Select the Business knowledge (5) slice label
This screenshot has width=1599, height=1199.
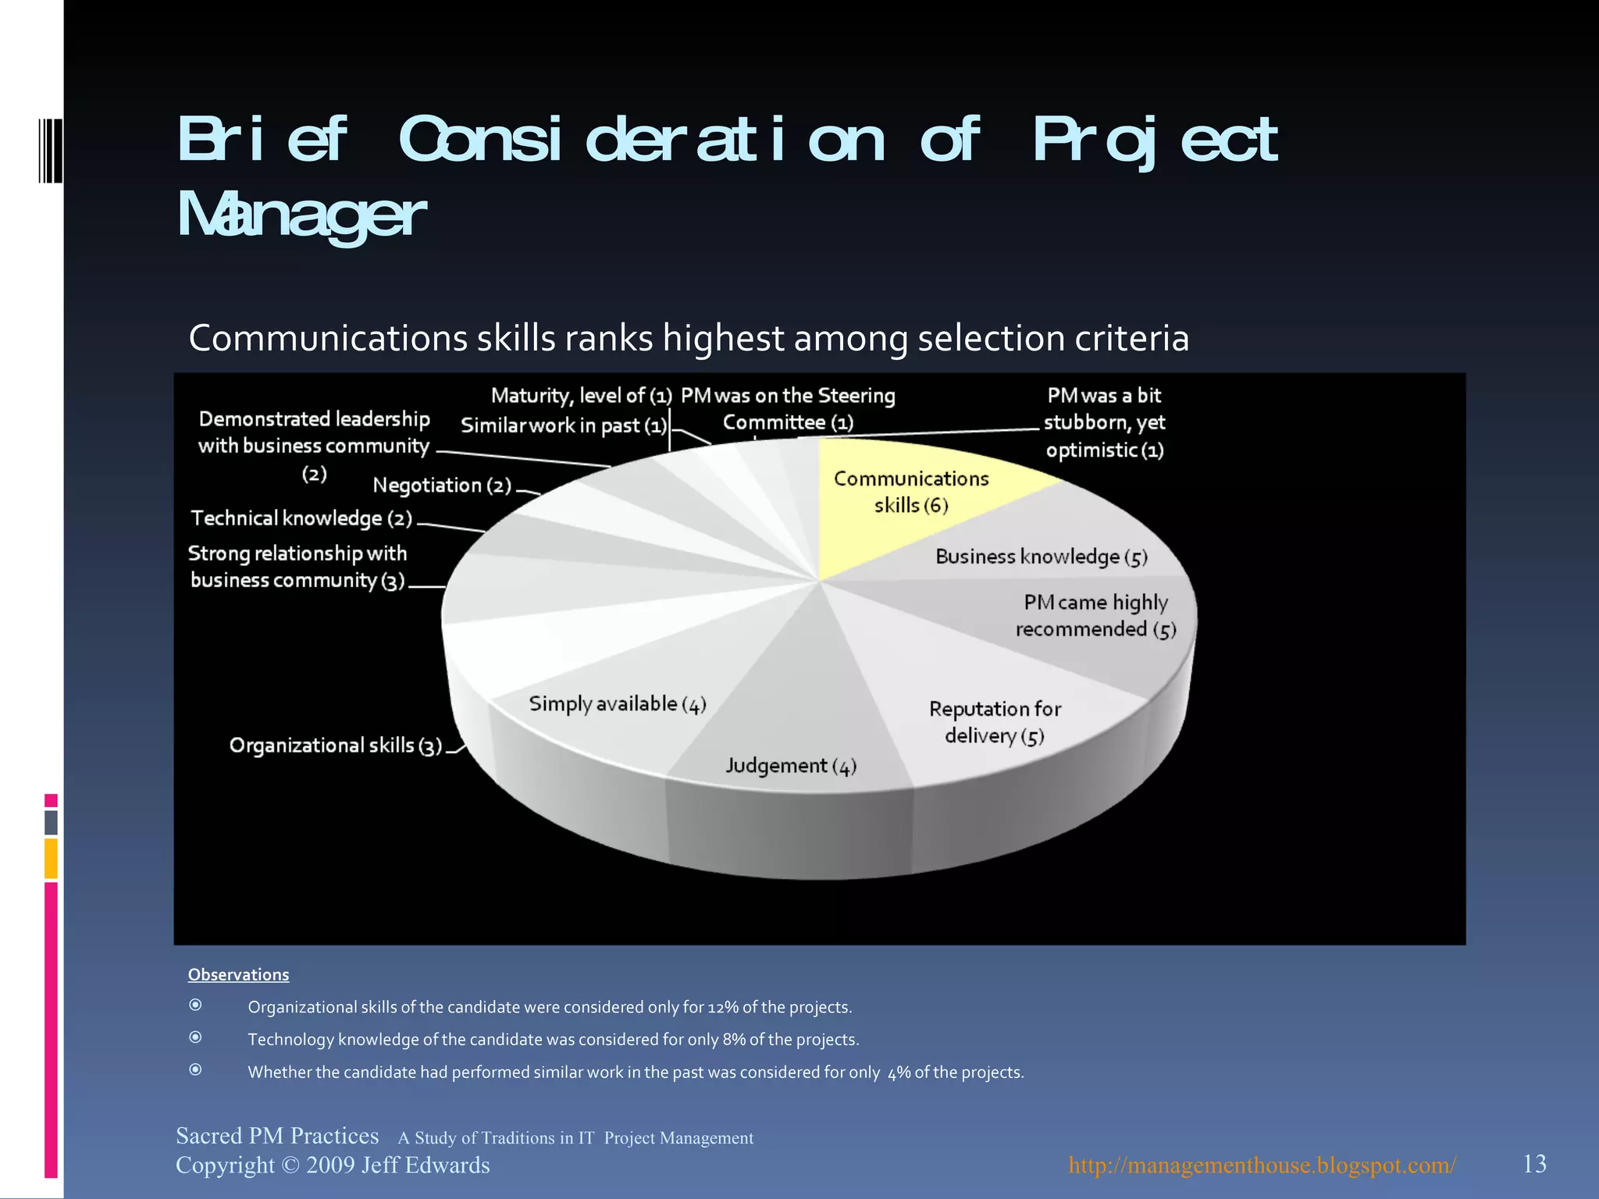pyautogui.click(x=1041, y=557)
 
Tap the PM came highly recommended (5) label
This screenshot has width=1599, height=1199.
pyautogui.click(x=1095, y=615)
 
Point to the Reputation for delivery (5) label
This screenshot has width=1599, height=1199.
pyautogui.click(x=995, y=722)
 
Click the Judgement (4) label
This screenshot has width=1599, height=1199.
pyautogui.click(x=791, y=766)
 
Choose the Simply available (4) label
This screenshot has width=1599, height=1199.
pyautogui.click(x=618, y=704)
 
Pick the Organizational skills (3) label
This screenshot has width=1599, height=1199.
pyautogui.click(x=336, y=745)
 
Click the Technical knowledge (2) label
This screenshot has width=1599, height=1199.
pyautogui.click(x=301, y=518)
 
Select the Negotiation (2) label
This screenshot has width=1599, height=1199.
pyautogui.click(x=442, y=486)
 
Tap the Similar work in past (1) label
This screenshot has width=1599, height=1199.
pyautogui.click(x=564, y=425)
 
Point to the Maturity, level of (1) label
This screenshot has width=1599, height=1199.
pyautogui.click(x=581, y=396)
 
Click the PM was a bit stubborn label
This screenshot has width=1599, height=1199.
pyautogui.click(x=1104, y=422)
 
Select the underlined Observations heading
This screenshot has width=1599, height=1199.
pyautogui.click(x=238, y=974)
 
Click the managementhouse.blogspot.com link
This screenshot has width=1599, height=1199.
pyautogui.click(x=1262, y=1165)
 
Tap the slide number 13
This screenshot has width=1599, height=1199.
pyautogui.click(x=1534, y=1164)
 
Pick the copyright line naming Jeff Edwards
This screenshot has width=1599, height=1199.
pyautogui.click(x=333, y=1165)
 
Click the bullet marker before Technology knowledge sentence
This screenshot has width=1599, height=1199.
pyautogui.click(x=196, y=1037)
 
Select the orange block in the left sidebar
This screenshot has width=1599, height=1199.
pyautogui.click(x=51, y=858)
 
